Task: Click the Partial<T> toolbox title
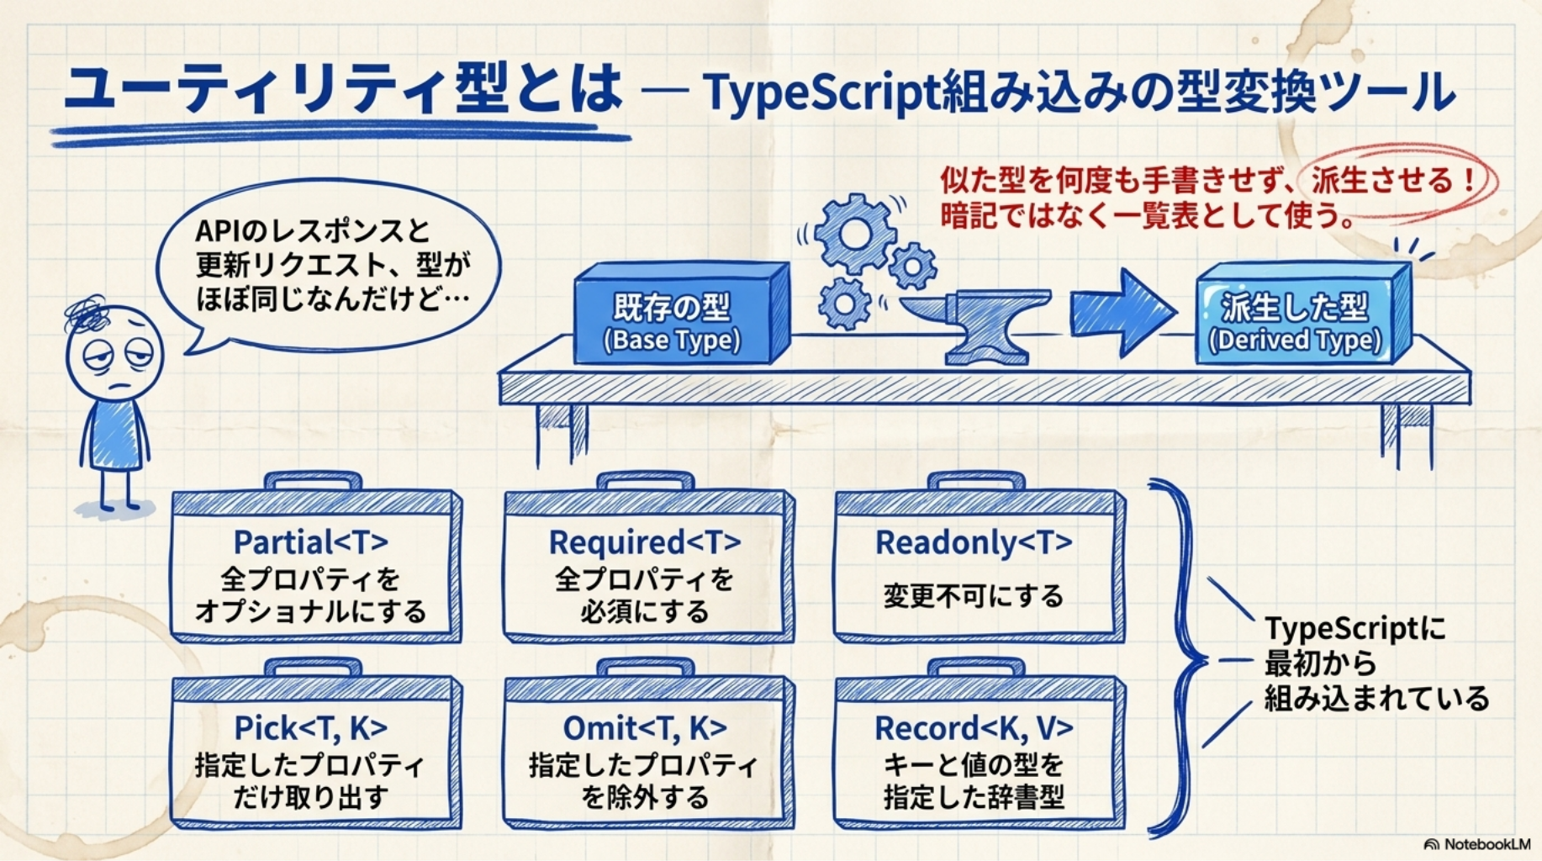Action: click(x=310, y=542)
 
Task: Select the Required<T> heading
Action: click(x=644, y=542)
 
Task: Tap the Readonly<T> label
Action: click(x=974, y=542)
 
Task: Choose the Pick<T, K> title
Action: click(x=310, y=728)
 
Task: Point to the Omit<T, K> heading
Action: click(x=644, y=728)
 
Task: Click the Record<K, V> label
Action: click(x=974, y=728)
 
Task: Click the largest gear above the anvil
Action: click(x=854, y=231)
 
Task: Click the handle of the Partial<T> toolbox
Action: click(x=312, y=482)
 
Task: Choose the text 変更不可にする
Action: click(x=974, y=596)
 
